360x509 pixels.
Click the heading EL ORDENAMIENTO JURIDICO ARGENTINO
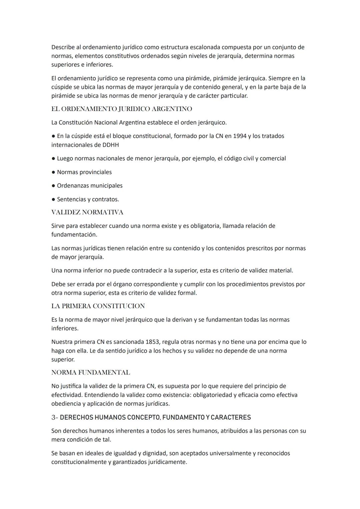[x=122, y=109]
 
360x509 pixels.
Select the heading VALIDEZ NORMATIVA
[x=87, y=212]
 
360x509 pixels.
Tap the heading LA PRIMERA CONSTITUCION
[x=98, y=306]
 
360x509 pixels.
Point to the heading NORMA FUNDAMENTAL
[x=91, y=372]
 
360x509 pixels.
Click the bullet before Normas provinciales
[x=53, y=172]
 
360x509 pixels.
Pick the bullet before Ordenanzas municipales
[x=53, y=186]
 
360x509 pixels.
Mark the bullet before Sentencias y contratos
[x=53, y=200]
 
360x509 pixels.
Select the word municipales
[x=106, y=186]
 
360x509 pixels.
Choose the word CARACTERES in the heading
[x=231, y=417]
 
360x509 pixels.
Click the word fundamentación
[x=74, y=235]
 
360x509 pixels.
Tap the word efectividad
[x=66, y=395]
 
